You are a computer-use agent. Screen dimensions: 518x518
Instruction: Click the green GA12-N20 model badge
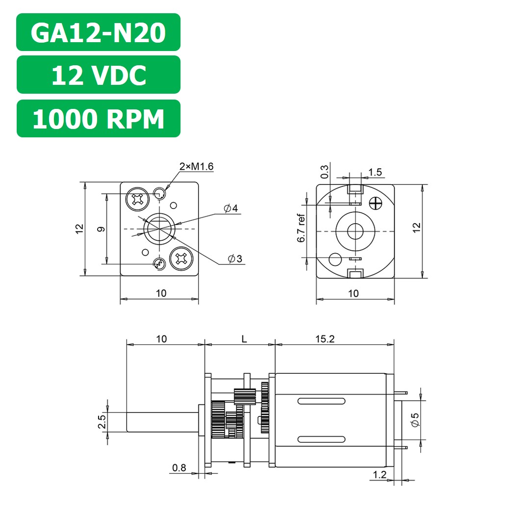pos(98,32)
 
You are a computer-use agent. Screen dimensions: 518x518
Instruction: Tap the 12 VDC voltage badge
pos(98,75)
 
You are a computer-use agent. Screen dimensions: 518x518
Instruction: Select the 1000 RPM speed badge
pos(98,119)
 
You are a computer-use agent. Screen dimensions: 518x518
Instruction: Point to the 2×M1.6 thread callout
pos(196,167)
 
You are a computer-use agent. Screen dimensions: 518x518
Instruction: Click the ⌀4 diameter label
pos(231,209)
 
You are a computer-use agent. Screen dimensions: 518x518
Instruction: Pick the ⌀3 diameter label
pos(235,259)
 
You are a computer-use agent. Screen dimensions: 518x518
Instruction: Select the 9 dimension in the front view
pos(100,229)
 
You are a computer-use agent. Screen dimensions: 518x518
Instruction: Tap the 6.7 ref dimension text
pos(301,229)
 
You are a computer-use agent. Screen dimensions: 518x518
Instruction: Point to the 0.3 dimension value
pos(325,172)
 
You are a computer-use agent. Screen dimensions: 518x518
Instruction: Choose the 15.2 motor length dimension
pos(325,339)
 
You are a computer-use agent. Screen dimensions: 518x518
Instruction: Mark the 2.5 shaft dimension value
pos(102,422)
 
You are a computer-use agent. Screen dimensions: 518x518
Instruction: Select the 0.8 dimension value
pos(179,468)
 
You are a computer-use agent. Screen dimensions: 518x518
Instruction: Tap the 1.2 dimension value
pos(380,474)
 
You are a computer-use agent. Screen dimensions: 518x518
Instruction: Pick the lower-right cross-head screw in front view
pos(180,259)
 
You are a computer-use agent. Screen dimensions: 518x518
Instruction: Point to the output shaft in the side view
pos(162,422)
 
